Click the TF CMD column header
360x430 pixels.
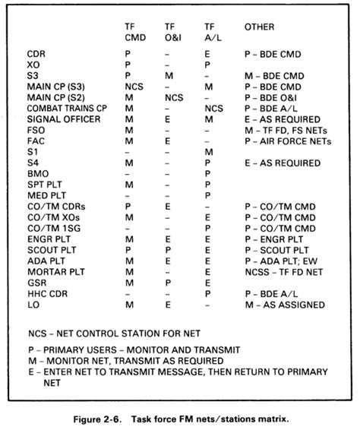[135, 32]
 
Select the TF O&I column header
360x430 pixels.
[172, 32]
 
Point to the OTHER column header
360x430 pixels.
[259, 27]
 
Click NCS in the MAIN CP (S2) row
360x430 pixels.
[173, 98]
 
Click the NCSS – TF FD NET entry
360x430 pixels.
[286, 270]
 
